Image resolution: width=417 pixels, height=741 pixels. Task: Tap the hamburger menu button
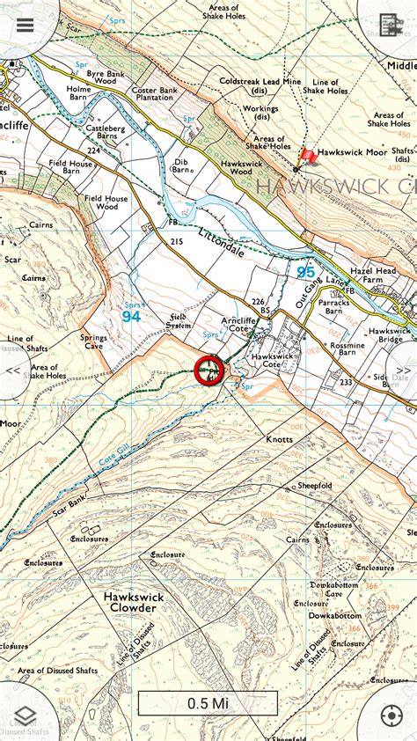pos(25,24)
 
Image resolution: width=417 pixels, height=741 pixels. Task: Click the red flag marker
pos(308,157)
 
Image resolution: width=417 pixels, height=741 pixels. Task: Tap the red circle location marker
pos(209,370)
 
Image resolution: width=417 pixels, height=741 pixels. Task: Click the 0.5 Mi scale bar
pos(208,703)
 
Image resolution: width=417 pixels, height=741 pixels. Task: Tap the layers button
pos(25,715)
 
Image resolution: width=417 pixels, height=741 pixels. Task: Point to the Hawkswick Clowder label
pos(134,602)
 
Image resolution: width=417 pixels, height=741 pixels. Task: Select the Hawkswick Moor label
pos(352,152)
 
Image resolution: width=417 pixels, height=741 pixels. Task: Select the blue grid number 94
pos(131,316)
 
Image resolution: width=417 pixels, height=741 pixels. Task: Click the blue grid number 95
pos(305,271)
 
